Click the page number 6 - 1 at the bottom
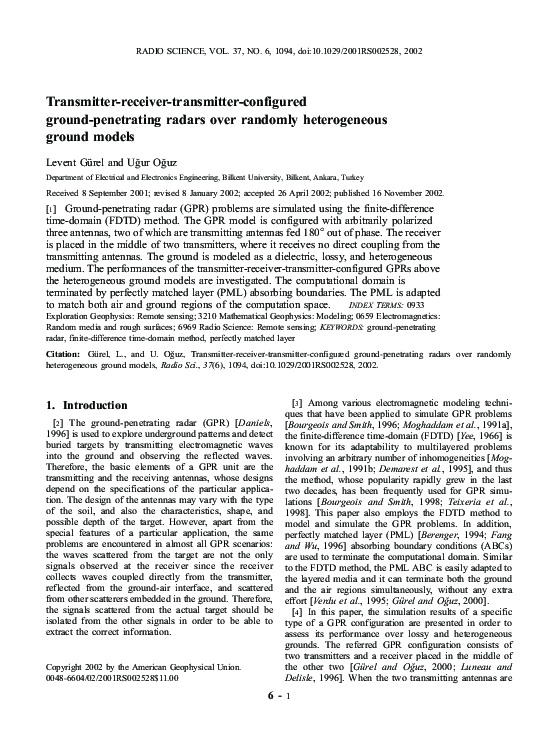(278, 722)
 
